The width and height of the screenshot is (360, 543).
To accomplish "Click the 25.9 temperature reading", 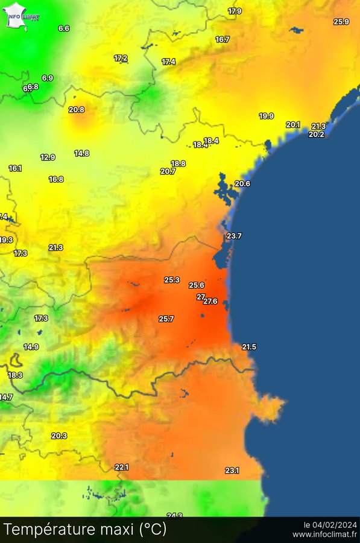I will pos(341,22).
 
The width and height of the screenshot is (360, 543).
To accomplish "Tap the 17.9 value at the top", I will pos(235,11).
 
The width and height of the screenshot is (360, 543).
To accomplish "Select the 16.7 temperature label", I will pos(223,40).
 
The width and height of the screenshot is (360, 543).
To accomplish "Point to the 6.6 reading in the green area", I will pos(64,28).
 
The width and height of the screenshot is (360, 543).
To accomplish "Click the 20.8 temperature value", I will pos(77,110).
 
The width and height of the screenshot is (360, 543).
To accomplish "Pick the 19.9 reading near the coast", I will pos(267,116).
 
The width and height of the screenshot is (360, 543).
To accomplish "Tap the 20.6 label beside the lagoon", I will pos(242,183).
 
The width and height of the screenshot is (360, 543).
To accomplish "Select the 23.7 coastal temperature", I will pos(234,236).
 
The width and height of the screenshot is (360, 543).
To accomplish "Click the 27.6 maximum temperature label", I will pos(210,301).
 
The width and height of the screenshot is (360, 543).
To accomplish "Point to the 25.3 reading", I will pos(172,280).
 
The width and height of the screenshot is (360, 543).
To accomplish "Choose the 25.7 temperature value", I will pos(166,319).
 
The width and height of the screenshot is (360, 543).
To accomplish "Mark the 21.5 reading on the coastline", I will pos(249,347).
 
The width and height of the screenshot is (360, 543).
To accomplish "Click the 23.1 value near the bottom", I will pos(232,471).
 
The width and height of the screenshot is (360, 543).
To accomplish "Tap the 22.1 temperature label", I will pos(122,467).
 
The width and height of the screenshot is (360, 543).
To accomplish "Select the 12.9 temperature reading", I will pos(48,157).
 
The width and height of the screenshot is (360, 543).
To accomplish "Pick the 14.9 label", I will pos(31,347).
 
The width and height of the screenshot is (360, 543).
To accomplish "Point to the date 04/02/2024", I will pos(337,524).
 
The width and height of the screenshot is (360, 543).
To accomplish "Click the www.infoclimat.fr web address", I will pos(324,535).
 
